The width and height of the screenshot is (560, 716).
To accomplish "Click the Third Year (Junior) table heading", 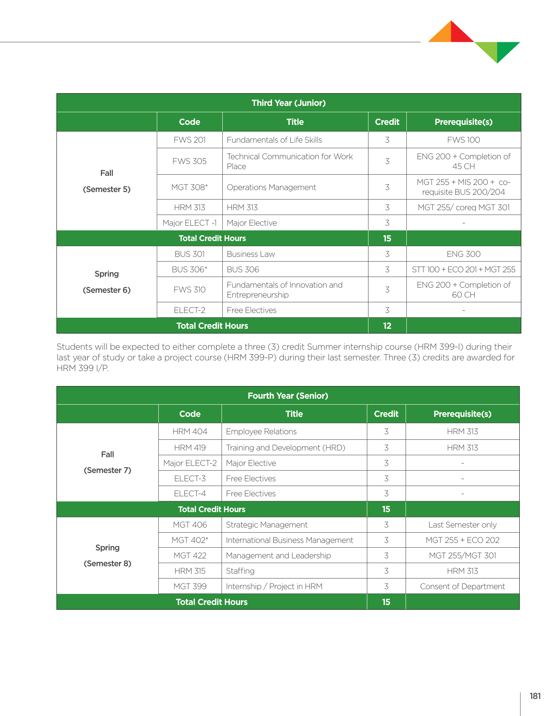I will coord(289,103).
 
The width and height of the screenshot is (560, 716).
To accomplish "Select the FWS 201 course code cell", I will coord(190,140).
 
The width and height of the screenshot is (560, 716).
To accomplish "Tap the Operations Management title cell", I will coord(271,187).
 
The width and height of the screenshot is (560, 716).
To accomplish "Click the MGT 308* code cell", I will coord(190,187).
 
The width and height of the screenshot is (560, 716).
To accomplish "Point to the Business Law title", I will coord(251,254).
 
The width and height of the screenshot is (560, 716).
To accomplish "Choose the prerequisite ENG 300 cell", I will coord(463,254).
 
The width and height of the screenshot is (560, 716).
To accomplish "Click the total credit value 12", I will coord(387,326).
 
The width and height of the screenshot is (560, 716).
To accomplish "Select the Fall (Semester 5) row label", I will coord(107,181).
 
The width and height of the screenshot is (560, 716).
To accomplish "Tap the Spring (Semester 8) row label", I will coord(107,556).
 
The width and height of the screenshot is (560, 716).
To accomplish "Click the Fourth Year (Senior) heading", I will coord(288,396).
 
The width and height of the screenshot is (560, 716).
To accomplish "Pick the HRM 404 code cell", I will coord(190,431).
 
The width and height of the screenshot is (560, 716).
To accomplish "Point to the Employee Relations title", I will coord(261,431).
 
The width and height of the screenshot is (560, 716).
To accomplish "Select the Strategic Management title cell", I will coord(267,525).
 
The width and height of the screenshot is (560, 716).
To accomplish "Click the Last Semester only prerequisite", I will coord(462,525).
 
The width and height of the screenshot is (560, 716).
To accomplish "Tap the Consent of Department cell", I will coord(462,586).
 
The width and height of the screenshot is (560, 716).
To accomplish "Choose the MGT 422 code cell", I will coord(190,556).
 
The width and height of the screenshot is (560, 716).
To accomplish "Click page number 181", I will coord(535,696).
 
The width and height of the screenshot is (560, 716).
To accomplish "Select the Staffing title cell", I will coord(240,571).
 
